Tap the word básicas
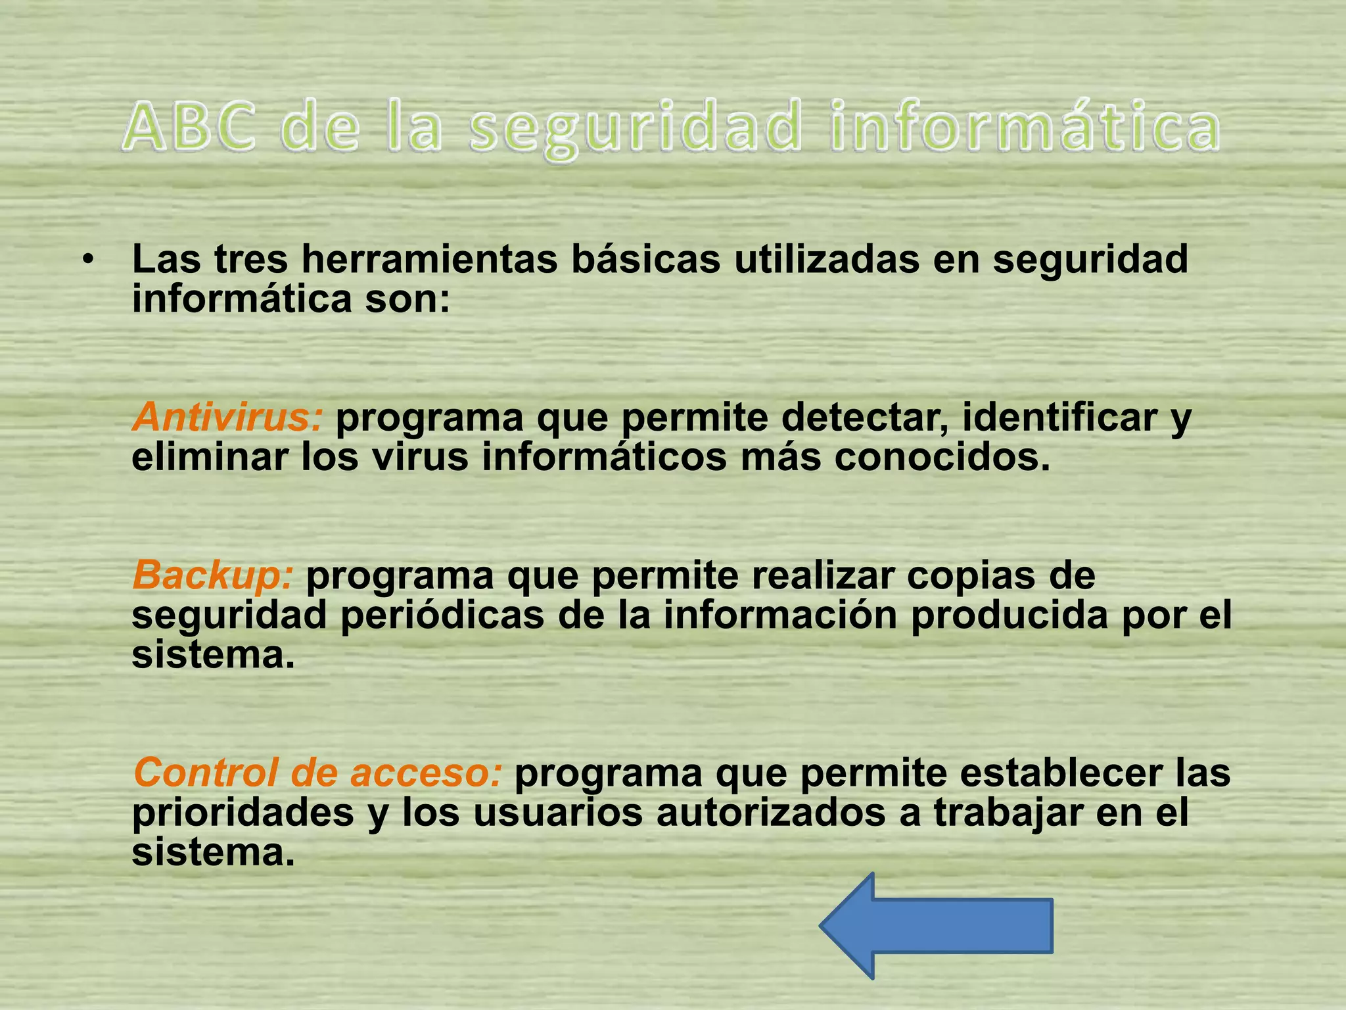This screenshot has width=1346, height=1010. tap(646, 260)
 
